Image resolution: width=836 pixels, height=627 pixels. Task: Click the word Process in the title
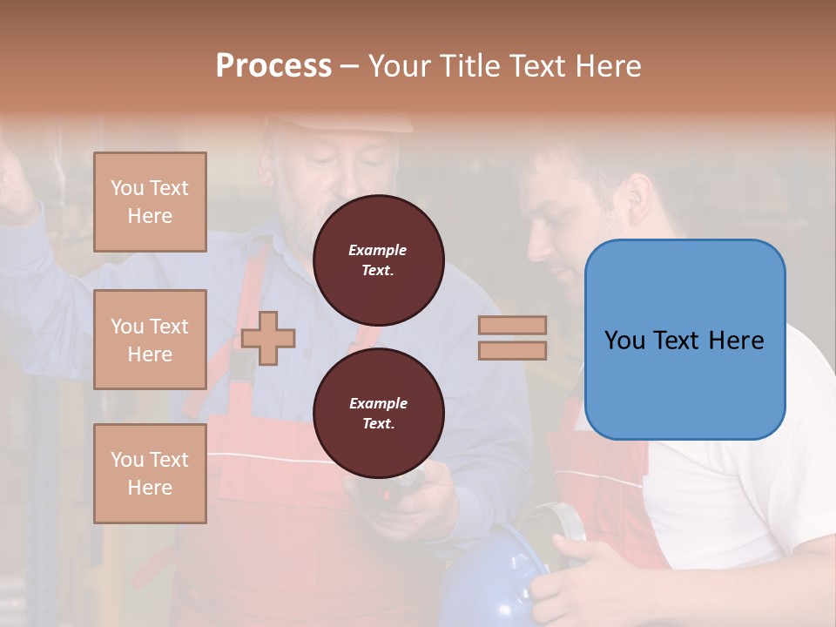tap(273, 66)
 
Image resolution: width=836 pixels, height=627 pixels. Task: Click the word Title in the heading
tap(468, 66)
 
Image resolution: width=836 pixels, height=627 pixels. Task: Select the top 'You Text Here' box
tap(150, 202)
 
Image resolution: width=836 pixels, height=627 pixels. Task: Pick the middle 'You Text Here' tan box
tap(150, 340)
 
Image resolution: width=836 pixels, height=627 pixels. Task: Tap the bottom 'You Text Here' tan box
tap(150, 473)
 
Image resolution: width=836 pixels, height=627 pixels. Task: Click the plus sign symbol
tap(268, 337)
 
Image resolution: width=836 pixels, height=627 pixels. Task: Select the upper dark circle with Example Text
tap(378, 260)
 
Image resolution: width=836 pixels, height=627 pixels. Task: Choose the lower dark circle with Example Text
tap(378, 414)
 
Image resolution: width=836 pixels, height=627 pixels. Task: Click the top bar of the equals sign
tap(512, 326)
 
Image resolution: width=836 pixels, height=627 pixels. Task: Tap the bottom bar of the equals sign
tap(512, 350)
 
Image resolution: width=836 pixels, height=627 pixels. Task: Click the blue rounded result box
tap(684, 340)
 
